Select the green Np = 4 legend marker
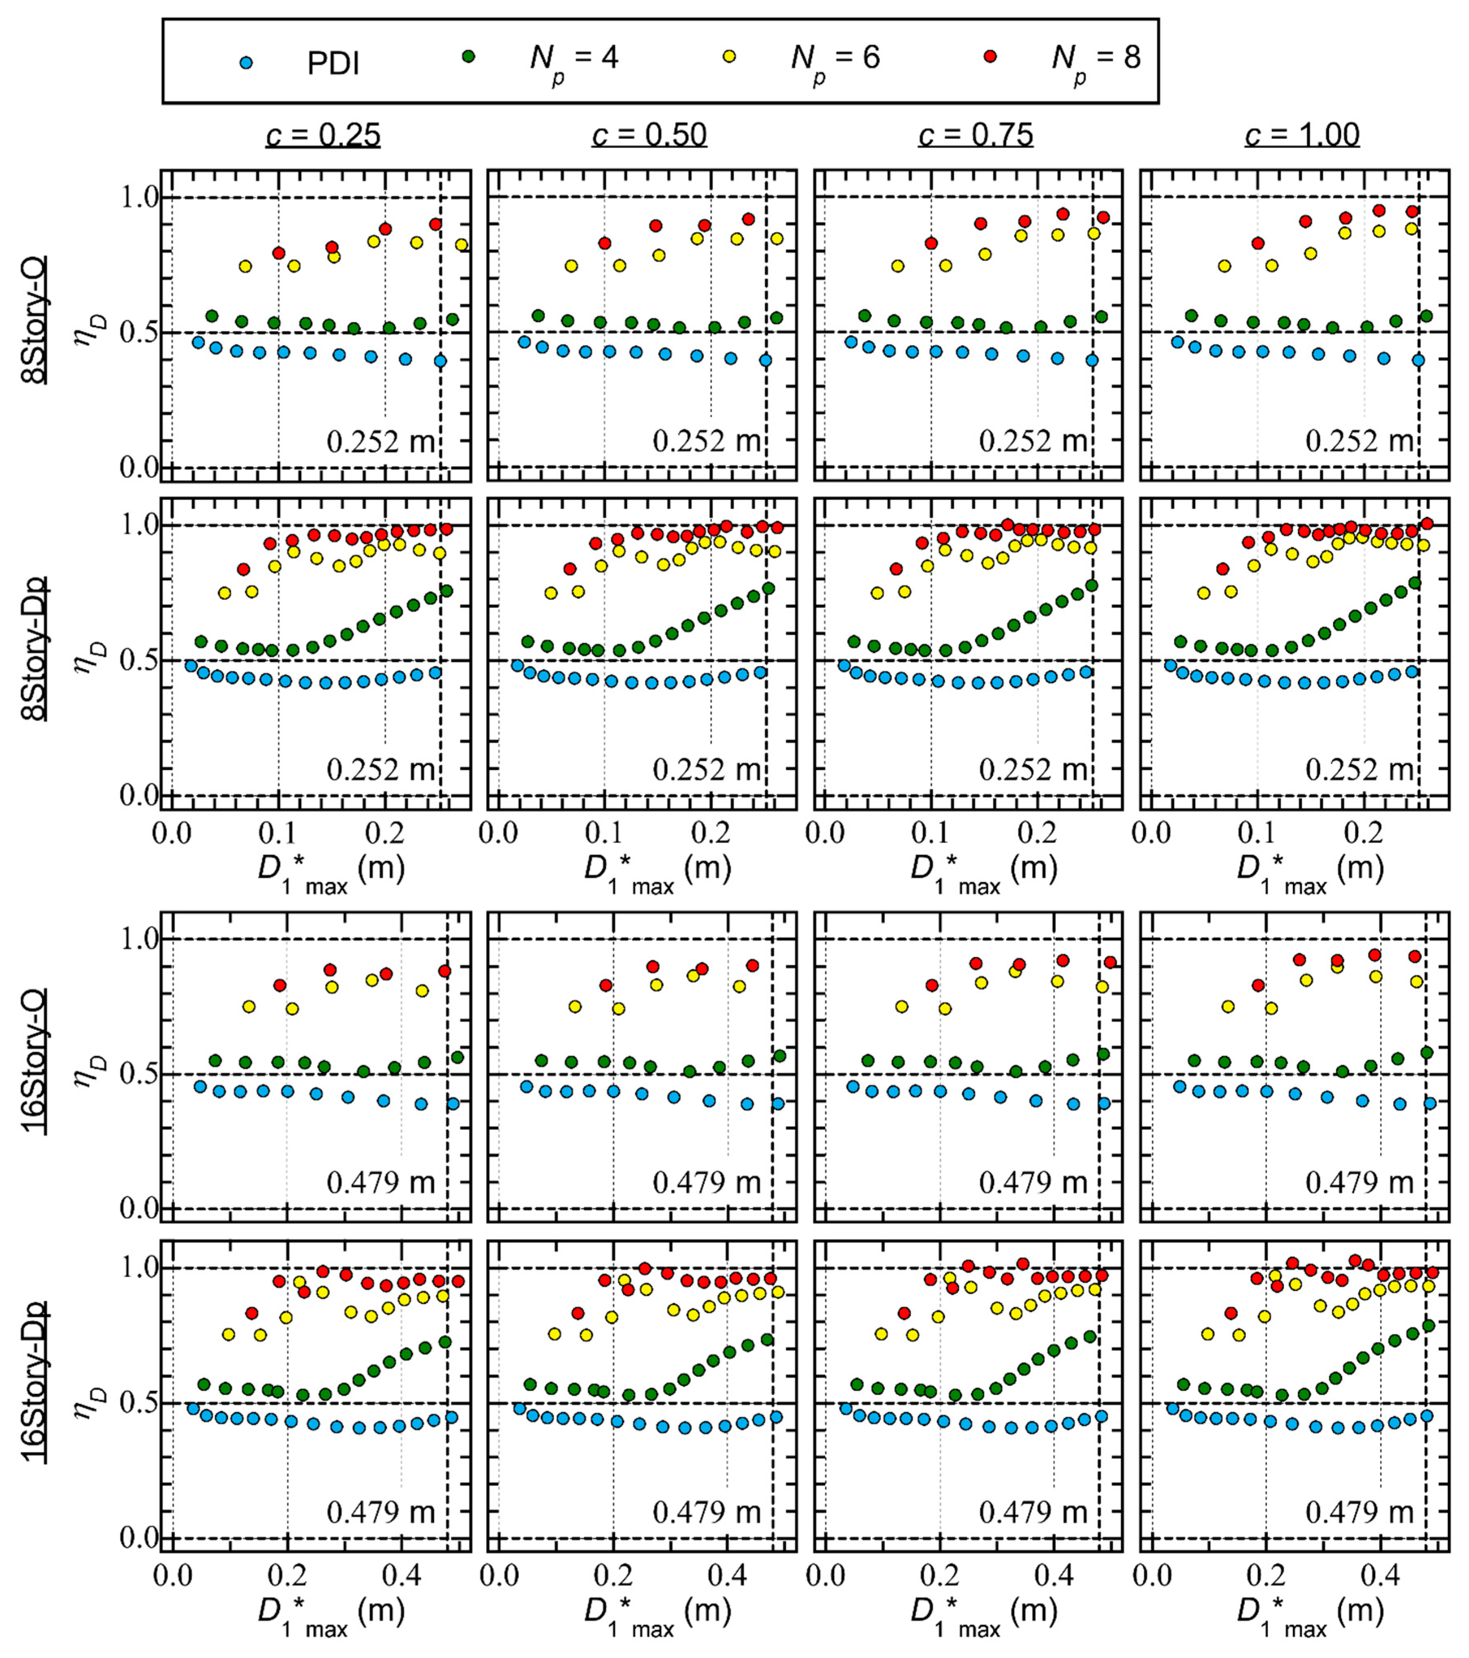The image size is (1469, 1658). [468, 57]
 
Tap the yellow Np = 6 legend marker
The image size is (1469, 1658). [729, 57]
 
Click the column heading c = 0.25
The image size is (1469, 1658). [323, 135]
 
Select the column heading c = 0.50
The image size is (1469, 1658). [649, 135]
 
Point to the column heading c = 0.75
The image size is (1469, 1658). [976, 135]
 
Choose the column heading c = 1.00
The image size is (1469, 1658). [1302, 135]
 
